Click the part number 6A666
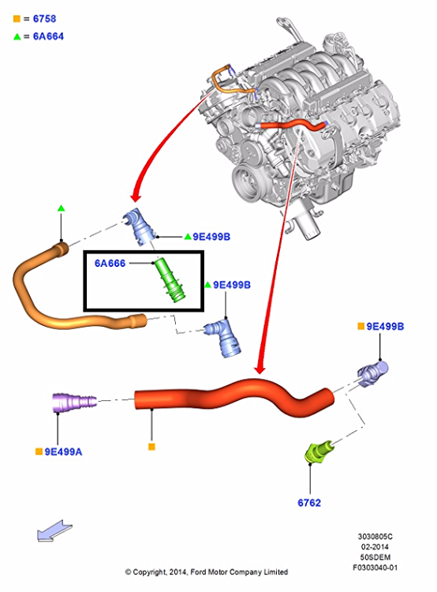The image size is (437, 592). tap(110, 263)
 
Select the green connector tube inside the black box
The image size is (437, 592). tap(170, 279)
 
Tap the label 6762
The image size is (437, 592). tap(309, 503)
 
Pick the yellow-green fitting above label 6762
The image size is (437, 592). tap(319, 451)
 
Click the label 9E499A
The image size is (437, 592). tap(63, 451)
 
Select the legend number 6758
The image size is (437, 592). tap(44, 18)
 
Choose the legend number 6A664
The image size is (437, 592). tap(48, 36)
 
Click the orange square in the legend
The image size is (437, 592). tap(17, 18)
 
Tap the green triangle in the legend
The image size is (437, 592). tap(17, 36)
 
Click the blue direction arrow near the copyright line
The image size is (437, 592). tap(54, 531)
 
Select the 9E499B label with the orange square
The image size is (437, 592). tap(385, 326)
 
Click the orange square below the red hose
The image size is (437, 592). tap(151, 447)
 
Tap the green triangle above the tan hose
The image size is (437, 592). tap(62, 208)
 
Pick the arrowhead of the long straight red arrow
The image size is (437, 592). tap(260, 368)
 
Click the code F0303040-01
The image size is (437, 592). tap(375, 568)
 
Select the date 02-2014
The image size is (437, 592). tap(375, 547)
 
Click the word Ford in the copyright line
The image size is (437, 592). tap(198, 572)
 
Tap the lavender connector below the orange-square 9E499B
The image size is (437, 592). tap(372, 373)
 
